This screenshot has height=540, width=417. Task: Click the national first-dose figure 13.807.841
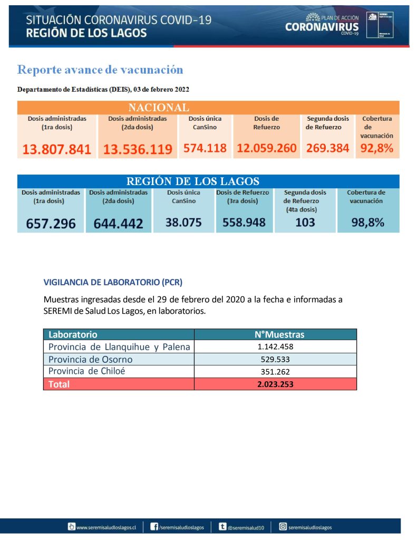pos(56,149)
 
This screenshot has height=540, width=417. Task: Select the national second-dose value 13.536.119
pos(138,149)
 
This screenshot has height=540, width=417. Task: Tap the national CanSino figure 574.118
pos(205,148)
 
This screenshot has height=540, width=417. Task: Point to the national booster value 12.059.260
pos(266,148)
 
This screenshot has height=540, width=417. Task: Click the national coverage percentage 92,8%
pos(377,148)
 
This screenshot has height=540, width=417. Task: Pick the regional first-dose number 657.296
pos(51,224)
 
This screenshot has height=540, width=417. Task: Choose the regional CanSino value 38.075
pos(183,223)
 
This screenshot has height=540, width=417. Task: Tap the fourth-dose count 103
pos(305,222)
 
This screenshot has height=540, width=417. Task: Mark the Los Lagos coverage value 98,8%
pos(367,223)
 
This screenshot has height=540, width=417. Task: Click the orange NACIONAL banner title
pos(159,108)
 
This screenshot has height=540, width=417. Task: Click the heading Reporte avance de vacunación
pos(100,70)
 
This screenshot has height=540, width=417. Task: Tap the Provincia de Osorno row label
pos(90,359)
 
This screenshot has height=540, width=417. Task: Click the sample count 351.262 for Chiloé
pos(275,371)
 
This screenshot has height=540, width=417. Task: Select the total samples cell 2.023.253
pos(275,384)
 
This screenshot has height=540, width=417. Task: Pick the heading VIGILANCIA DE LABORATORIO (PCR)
pos(113,282)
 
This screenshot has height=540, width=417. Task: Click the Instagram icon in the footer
pos(283,526)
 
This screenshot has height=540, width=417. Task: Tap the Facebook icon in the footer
pos(154,526)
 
